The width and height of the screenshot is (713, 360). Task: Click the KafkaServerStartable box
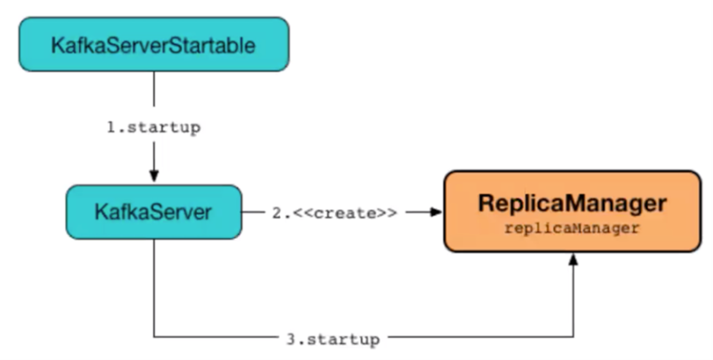click(154, 44)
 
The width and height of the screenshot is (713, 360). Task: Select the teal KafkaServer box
click(153, 212)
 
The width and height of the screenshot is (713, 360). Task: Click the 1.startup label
click(153, 127)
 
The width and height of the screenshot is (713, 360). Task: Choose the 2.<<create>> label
click(334, 213)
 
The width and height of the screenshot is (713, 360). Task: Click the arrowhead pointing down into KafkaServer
click(153, 174)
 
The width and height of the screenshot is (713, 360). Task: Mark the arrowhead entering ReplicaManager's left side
click(436, 212)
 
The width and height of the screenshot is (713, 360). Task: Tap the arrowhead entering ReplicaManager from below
click(573, 258)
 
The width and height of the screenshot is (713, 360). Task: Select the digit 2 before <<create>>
click(277, 213)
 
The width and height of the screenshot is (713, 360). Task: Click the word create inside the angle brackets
click(343, 213)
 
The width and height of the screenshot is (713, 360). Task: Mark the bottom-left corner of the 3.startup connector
click(153, 338)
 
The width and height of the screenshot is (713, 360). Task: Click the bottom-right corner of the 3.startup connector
click(573, 338)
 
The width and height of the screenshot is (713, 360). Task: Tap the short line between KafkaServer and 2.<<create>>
click(254, 212)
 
